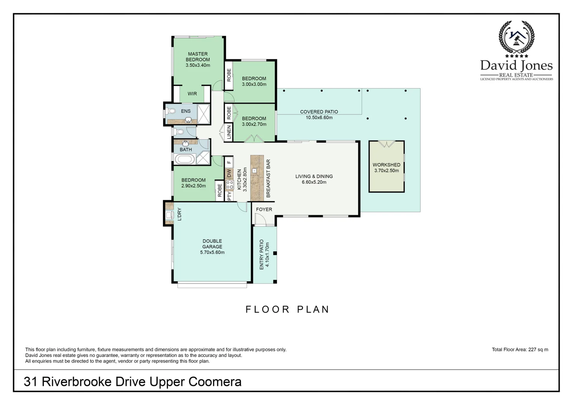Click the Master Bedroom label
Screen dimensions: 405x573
(198, 57)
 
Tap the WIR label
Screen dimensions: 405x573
(192, 94)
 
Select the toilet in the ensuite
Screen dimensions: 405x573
(171, 111)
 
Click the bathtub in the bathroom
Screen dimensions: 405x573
(184, 159)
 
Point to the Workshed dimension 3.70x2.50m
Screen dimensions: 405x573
(387, 171)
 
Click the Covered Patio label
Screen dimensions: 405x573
(319, 112)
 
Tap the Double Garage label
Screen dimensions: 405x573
(212, 244)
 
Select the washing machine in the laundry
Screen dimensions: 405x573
(168, 215)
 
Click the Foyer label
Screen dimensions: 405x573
(264, 209)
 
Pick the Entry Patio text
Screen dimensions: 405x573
(262, 255)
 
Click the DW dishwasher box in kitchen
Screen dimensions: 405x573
(229, 174)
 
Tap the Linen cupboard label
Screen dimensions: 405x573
(229, 132)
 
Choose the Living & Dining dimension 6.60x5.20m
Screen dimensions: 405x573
(314, 182)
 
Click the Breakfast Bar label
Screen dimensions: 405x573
(268, 178)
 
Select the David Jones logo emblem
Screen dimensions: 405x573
(516, 37)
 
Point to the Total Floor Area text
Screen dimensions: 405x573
(520, 349)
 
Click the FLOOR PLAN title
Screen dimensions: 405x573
(287, 309)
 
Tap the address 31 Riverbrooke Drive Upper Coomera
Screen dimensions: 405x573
(132, 382)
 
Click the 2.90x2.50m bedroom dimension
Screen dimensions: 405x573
(193, 186)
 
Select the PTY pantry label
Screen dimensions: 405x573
(229, 196)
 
